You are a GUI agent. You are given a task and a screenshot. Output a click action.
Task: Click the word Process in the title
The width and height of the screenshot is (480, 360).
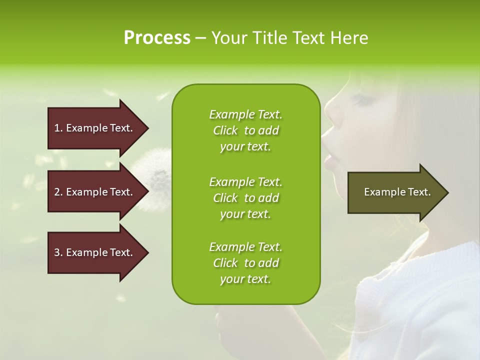[x=157, y=38]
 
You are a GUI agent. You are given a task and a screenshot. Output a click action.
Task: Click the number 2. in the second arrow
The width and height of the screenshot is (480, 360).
[x=58, y=192]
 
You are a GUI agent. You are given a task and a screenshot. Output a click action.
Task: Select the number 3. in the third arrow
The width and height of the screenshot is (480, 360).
[x=58, y=252]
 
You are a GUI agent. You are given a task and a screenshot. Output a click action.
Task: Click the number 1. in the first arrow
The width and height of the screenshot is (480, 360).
[x=58, y=128]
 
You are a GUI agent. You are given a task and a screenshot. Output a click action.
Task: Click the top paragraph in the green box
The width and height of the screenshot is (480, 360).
[x=245, y=130]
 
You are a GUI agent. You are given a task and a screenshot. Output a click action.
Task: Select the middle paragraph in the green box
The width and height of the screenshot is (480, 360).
[x=245, y=198]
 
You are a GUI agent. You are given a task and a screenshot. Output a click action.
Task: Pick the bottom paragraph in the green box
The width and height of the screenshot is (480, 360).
[x=245, y=263]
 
